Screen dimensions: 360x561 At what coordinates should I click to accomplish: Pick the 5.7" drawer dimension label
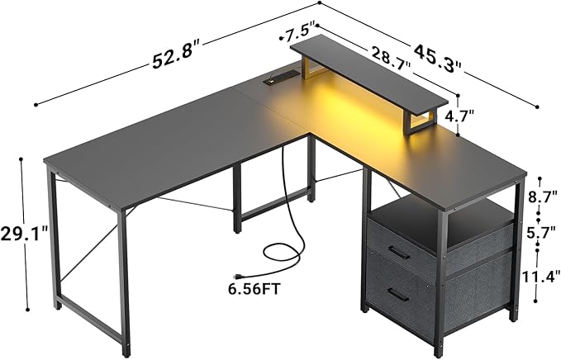(540, 232)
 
